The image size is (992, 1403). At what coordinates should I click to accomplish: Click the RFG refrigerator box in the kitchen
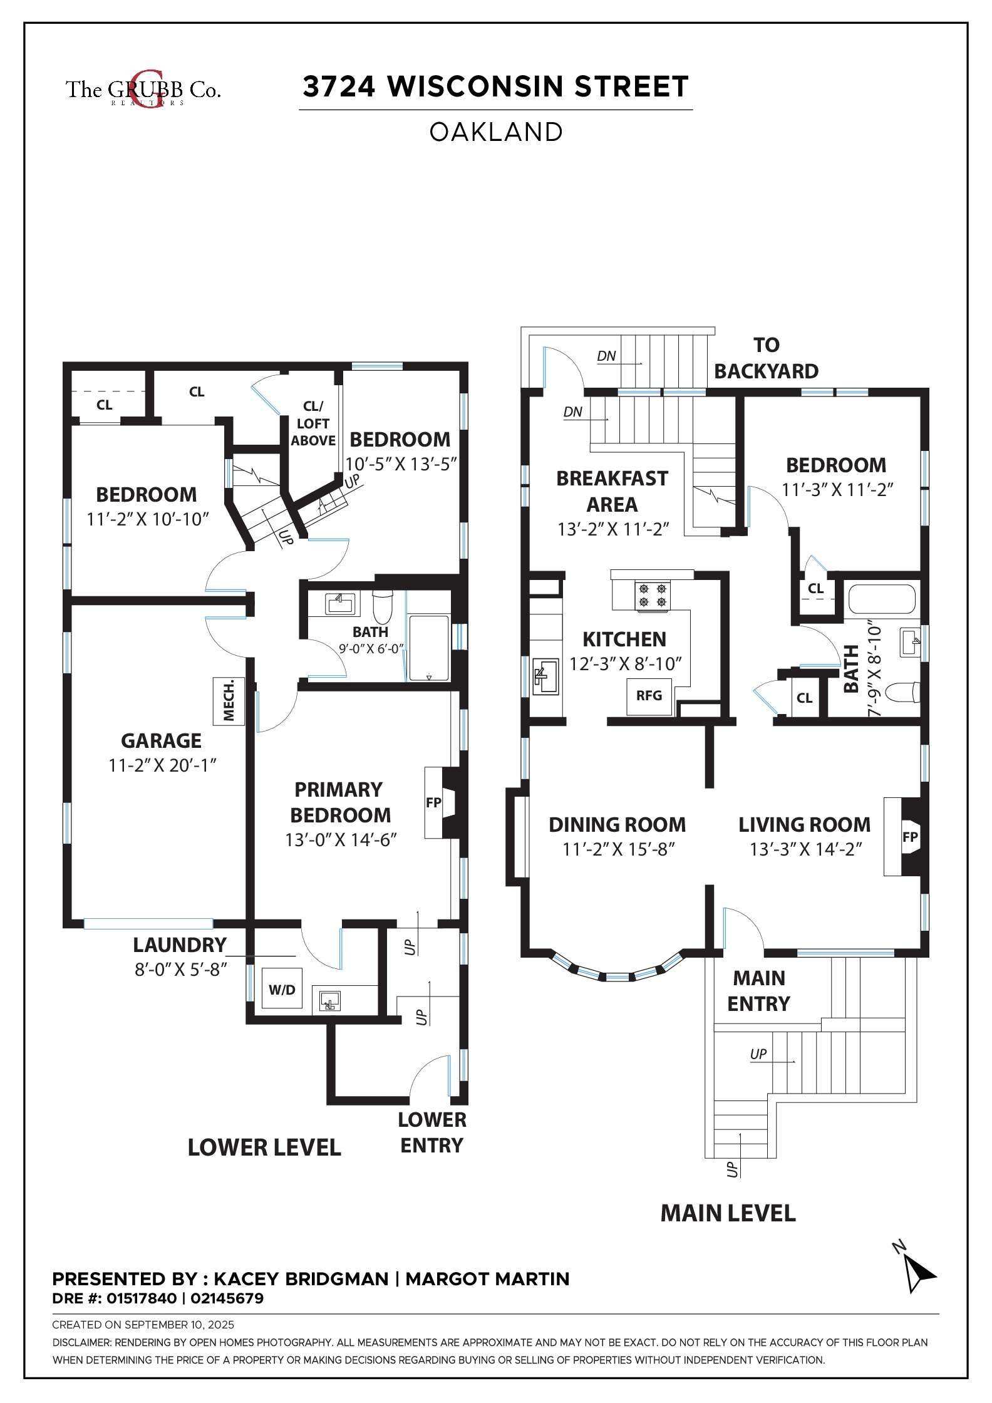(x=650, y=696)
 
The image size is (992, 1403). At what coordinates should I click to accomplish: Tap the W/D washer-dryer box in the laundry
(x=282, y=989)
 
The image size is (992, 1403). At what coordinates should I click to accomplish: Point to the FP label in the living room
(x=910, y=837)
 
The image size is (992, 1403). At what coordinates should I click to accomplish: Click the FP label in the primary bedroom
(x=433, y=802)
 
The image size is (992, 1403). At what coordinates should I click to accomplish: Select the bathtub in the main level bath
(x=882, y=599)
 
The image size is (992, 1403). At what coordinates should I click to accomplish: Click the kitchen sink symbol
(x=545, y=676)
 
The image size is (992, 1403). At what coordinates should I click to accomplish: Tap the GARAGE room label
(x=161, y=741)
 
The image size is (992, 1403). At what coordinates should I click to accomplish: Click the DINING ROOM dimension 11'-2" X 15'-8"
(x=618, y=849)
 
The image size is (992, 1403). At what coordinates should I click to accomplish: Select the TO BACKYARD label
(x=767, y=358)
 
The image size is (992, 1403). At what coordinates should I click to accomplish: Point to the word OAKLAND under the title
(x=496, y=132)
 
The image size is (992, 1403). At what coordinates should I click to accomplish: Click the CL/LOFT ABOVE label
(x=313, y=423)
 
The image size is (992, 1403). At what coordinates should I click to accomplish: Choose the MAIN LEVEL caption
(x=728, y=1213)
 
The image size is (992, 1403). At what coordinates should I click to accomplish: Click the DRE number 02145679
(x=227, y=1298)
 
